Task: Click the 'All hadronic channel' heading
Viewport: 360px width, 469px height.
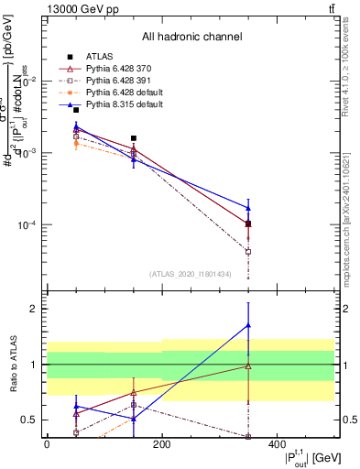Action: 191,37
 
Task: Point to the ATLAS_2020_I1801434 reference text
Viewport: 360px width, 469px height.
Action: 191,274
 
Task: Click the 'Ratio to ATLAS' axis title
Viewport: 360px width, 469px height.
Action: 12,365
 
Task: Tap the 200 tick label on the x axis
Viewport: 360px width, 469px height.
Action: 161,445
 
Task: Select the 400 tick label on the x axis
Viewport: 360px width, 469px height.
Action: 277,445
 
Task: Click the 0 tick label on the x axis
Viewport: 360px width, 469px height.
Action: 47,445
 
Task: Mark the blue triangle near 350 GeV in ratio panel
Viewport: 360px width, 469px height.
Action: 248,325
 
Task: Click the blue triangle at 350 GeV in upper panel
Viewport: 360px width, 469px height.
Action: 248,208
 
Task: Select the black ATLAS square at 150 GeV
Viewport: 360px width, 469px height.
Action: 134,138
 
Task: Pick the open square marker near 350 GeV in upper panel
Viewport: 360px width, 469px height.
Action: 248,251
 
